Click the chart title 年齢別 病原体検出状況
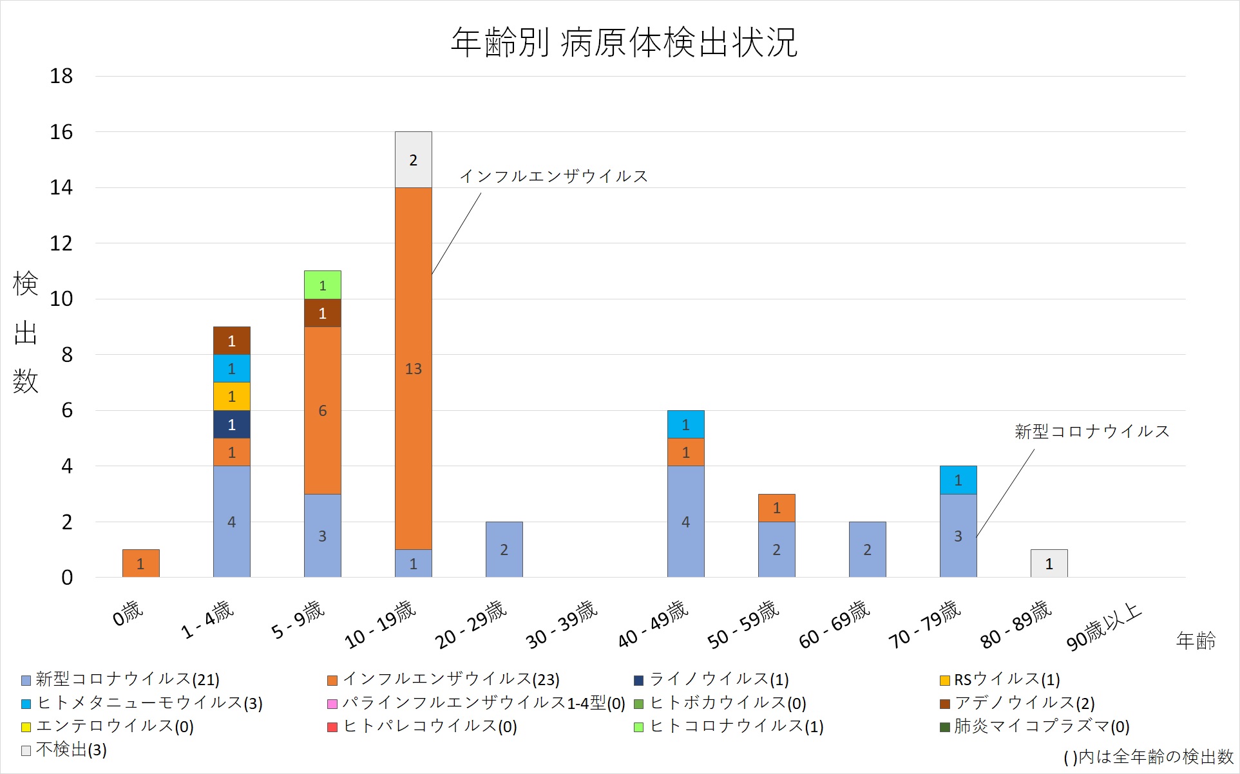[x=624, y=42]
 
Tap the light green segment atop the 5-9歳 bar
[x=322, y=285]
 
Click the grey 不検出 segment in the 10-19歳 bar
[x=413, y=160]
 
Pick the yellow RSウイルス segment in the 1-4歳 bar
[x=231, y=397]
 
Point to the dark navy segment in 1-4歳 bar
[x=231, y=424]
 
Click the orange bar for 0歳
[x=140, y=563]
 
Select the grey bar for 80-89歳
[x=1049, y=563]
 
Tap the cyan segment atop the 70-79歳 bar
[x=958, y=480]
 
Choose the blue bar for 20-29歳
[x=504, y=549]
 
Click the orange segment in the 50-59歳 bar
[x=776, y=508]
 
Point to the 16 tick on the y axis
[x=61, y=132]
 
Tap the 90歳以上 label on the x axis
[x=1103, y=627]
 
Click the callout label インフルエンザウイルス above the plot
[x=553, y=176]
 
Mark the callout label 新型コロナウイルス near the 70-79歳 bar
[x=1091, y=431]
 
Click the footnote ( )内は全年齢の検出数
[x=1148, y=757]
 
